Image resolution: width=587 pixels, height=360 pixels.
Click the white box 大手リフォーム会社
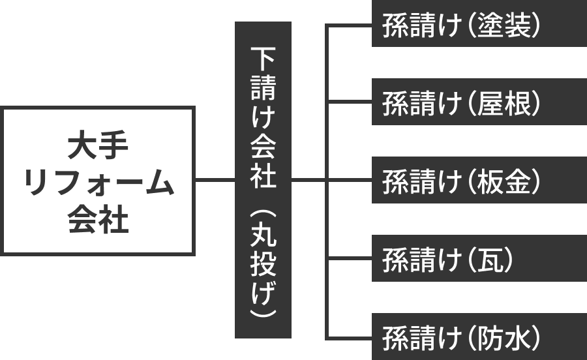(x=98, y=181)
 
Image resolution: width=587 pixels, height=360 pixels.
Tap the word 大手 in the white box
(x=98, y=145)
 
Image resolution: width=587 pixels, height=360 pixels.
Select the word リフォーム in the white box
(x=98, y=183)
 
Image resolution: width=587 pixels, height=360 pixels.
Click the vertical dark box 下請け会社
(x=263, y=180)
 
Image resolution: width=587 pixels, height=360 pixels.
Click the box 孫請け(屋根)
(x=479, y=102)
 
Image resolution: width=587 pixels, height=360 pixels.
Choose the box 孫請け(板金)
(x=479, y=181)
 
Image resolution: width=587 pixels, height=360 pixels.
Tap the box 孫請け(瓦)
(x=479, y=259)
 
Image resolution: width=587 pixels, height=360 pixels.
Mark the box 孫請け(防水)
(x=479, y=337)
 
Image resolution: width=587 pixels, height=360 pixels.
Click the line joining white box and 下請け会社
(x=215, y=180)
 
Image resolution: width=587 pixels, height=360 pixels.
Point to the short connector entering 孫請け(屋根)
(x=349, y=102)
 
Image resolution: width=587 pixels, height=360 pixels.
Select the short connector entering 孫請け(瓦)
(x=349, y=259)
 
